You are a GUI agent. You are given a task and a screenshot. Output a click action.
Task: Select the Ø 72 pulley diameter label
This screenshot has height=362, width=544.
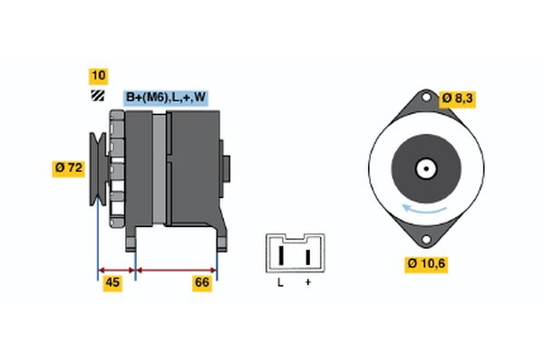click(x=68, y=167)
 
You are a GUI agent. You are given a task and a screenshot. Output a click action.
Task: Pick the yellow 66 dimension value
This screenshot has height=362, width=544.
click(x=203, y=283)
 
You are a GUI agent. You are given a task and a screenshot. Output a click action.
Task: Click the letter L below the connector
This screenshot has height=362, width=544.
click(x=280, y=283)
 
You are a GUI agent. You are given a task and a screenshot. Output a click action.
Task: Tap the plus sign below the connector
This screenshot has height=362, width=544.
click(x=308, y=283)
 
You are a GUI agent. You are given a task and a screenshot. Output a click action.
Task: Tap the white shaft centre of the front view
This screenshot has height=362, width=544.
click(x=424, y=168)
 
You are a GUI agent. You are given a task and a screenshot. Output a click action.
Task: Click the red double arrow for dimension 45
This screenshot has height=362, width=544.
click(x=116, y=270)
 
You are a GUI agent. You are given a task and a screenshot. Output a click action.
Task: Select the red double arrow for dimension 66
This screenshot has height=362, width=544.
click(x=176, y=270)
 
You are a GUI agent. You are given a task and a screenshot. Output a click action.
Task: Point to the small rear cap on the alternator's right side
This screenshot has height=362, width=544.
click(x=227, y=169)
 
